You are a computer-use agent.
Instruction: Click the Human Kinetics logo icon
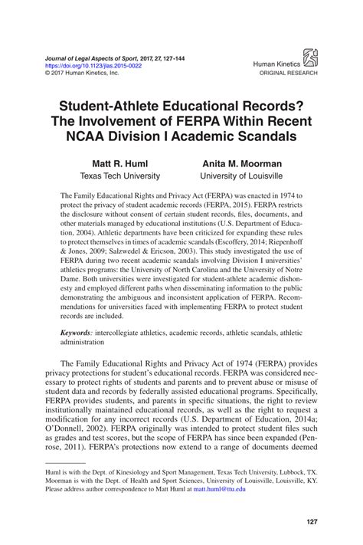[311, 56]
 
